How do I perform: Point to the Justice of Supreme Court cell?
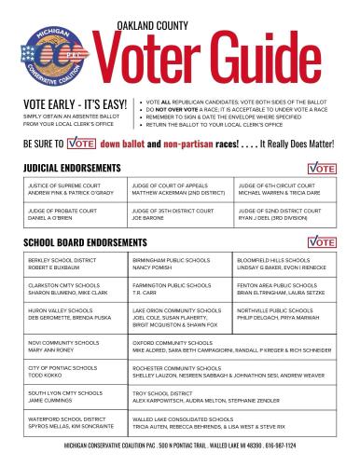tap(72, 190)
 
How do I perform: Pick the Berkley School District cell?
tap(72, 264)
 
